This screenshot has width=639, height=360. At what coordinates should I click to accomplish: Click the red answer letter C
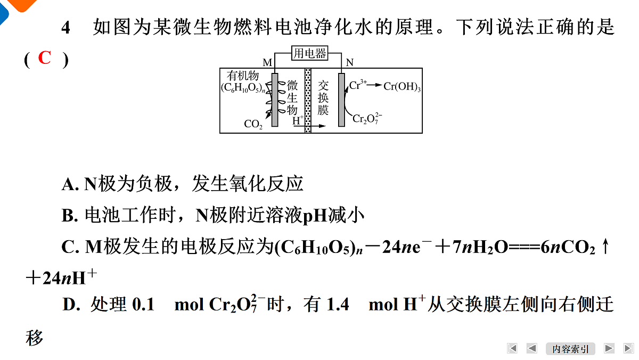coord(45,58)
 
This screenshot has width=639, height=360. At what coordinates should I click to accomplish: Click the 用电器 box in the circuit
coord(309,53)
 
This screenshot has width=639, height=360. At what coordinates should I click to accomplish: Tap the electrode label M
coord(267,62)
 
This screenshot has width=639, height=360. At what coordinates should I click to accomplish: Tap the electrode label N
coord(350,62)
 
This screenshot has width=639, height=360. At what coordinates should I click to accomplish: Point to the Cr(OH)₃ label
coord(402,86)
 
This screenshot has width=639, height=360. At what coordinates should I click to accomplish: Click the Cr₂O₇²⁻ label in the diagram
coord(367,118)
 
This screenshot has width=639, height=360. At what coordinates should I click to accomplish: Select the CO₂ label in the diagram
coord(253,124)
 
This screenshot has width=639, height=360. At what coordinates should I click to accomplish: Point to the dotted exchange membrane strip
coord(308,101)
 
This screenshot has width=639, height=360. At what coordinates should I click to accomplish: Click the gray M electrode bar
coord(275,100)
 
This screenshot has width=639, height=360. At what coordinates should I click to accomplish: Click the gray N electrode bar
coord(341,100)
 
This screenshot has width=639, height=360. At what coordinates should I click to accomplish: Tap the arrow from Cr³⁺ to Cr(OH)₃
coord(374,85)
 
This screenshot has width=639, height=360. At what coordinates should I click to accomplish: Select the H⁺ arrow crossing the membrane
coord(309,126)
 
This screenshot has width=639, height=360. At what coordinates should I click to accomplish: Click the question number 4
coord(65,28)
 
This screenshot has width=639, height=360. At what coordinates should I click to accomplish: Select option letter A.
coord(68,184)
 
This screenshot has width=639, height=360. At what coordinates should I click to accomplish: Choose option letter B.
coord(68,215)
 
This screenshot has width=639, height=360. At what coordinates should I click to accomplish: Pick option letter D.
coord(69,305)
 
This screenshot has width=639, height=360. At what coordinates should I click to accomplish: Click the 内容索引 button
coord(570,349)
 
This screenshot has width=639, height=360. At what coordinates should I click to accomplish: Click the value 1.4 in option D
coord(338,305)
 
